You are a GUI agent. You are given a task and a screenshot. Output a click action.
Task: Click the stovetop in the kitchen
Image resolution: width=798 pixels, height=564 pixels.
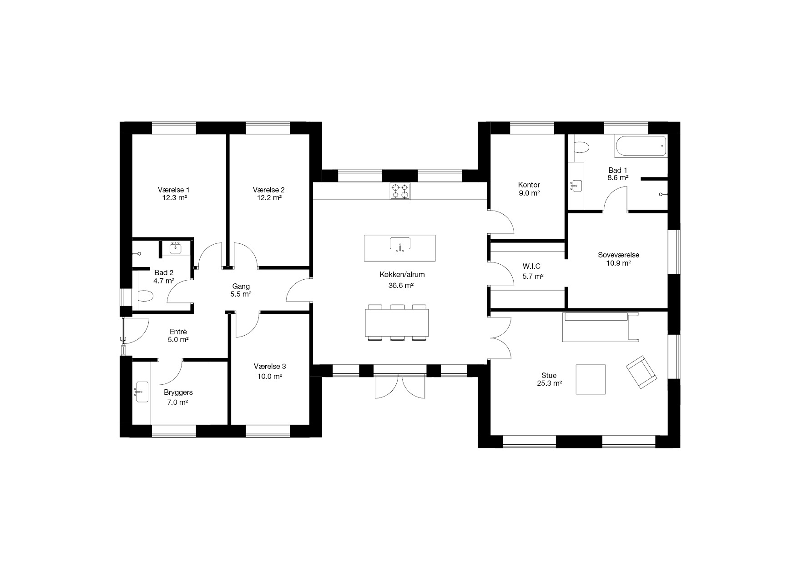[x=400, y=191]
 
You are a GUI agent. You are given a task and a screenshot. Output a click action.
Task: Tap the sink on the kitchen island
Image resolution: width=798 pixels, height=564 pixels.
[x=400, y=244]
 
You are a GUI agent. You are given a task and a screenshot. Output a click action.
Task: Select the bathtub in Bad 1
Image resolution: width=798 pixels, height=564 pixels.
[x=641, y=146]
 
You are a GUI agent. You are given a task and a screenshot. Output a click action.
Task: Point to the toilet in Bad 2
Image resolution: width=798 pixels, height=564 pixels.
[x=146, y=297]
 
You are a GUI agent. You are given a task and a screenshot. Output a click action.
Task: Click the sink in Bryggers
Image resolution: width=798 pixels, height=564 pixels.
[x=142, y=392]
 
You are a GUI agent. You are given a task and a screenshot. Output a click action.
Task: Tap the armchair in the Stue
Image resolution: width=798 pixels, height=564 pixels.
[x=641, y=372]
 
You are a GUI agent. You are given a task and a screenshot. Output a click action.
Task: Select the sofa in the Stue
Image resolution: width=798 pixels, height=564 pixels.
[x=601, y=327]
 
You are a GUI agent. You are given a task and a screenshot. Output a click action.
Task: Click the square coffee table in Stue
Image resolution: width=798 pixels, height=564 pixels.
[x=591, y=379]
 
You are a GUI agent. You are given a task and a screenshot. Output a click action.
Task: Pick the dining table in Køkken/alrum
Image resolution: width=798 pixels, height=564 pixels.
[x=397, y=322]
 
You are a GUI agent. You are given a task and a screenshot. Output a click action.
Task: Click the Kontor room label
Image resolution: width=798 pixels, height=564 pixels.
[x=529, y=185]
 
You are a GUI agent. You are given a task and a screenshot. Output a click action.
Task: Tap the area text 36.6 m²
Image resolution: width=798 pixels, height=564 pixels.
[x=401, y=286]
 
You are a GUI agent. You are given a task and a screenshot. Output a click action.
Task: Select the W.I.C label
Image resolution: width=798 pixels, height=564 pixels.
[x=531, y=267]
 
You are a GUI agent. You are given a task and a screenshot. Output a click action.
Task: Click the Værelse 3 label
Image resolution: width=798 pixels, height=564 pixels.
[x=270, y=366]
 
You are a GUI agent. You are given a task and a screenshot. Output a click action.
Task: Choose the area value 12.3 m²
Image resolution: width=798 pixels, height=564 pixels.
[x=173, y=198]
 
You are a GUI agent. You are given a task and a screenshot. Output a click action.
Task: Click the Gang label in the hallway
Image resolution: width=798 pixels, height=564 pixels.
[x=241, y=287]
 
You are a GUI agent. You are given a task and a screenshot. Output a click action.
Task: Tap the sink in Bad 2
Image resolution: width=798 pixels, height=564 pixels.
[x=176, y=247]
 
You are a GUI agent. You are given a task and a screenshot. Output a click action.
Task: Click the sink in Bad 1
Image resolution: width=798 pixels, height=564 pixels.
[x=576, y=185]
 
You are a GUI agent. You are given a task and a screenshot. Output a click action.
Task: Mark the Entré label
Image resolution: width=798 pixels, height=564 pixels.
[x=178, y=332]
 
